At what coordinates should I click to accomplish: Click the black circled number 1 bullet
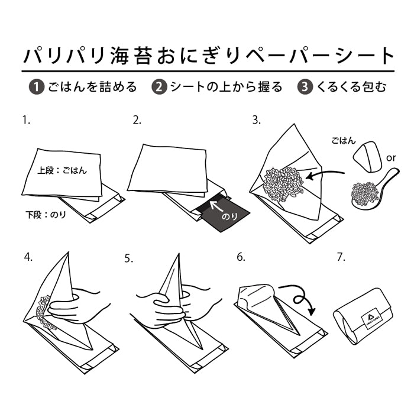tap(37, 87)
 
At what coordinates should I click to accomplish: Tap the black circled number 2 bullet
tap(159, 87)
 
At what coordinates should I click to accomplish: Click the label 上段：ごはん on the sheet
tap(62, 170)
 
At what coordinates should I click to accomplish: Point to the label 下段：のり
tap(45, 215)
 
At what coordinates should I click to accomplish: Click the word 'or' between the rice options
tap(390, 159)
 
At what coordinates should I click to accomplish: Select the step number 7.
tap(340, 257)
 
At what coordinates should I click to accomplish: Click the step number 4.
tap(28, 257)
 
